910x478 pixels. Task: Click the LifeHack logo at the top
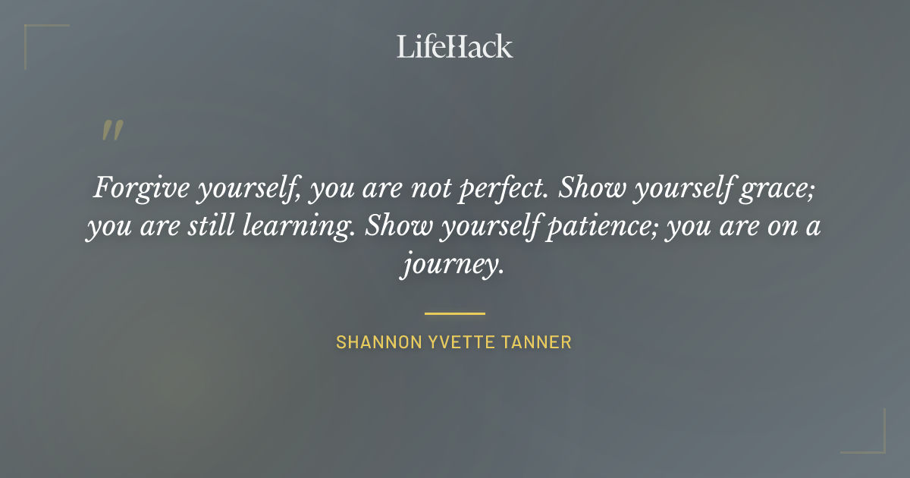tap(454, 46)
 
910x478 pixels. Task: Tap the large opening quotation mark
tap(111, 131)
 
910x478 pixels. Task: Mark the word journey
tap(452, 267)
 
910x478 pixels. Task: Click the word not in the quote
tap(433, 188)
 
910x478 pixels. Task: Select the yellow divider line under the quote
tap(454, 313)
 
